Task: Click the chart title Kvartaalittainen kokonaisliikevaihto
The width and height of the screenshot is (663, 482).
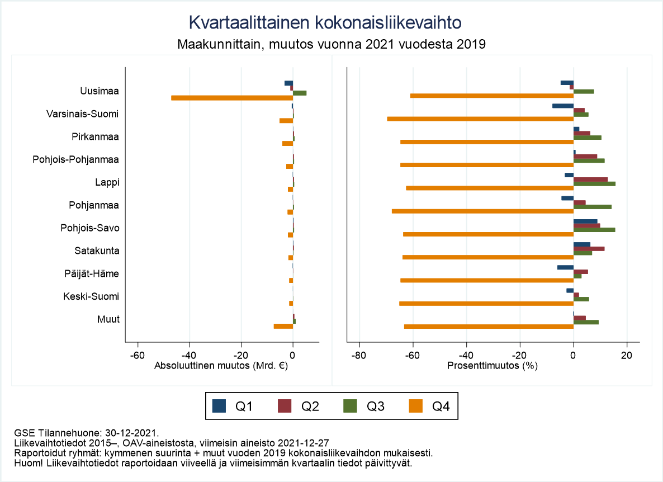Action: pos(325,22)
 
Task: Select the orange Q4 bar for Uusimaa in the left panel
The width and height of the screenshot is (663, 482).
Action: pos(232,98)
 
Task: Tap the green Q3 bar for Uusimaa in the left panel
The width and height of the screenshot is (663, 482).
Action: pos(300,93)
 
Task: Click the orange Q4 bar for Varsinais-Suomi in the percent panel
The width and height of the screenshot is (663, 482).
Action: pos(480,119)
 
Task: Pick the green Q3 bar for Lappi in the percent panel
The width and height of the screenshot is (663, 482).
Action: pos(594,183)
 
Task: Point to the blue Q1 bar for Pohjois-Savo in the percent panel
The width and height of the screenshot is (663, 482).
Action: pos(585,221)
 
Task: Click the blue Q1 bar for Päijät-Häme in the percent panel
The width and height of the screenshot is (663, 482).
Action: pos(565,267)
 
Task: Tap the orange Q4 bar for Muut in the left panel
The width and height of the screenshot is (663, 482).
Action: pos(283,326)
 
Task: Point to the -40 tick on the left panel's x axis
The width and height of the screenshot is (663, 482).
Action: pos(190,356)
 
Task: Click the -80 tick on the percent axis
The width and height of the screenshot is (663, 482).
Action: pos(359,356)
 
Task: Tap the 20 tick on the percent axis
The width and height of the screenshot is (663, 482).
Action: pos(627,356)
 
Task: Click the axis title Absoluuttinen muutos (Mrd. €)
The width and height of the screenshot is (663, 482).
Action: pos(221,367)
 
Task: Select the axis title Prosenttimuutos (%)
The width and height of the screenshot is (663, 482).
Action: pos(492,367)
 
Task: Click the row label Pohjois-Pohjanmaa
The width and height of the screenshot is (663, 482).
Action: pos(76,160)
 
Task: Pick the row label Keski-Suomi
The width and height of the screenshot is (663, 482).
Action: pos(91,296)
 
